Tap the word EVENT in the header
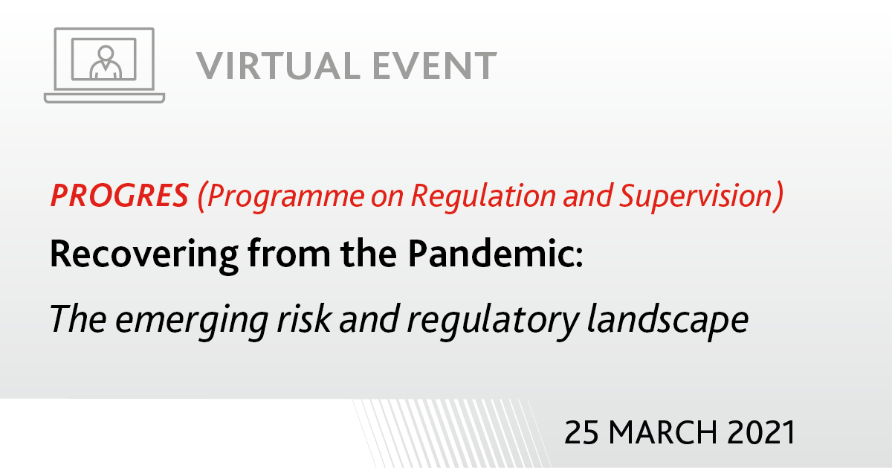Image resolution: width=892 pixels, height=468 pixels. point(435,65)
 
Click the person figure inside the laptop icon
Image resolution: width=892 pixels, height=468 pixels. point(106,62)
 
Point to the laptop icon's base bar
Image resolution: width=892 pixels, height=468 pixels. point(104,98)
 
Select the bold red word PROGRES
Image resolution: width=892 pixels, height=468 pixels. point(120,196)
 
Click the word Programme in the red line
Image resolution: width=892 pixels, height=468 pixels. point(285,197)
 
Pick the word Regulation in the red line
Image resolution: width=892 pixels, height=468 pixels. point(483,196)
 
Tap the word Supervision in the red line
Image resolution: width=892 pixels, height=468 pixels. point(696,196)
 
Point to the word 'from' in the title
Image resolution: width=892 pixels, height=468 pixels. point(289,254)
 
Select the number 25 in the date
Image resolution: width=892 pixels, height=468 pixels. point(581,432)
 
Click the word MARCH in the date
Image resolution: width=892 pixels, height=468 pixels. point(663,432)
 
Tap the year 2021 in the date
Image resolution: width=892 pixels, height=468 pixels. point(761,432)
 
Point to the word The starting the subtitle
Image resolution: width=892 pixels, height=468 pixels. point(78,318)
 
